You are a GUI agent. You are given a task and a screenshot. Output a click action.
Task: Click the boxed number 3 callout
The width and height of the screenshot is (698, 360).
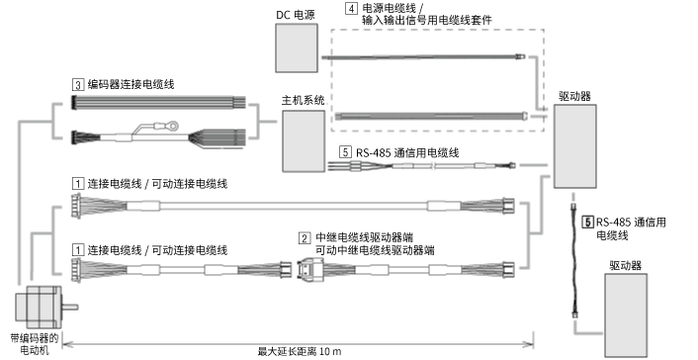pyautogui.click(x=78, y=85)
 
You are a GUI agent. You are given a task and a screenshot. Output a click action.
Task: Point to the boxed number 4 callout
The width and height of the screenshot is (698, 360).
pyautogui.click(x=351, y=7)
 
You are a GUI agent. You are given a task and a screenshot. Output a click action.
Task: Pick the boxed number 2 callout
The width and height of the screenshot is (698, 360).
pyautogui.click(x=305, y=237)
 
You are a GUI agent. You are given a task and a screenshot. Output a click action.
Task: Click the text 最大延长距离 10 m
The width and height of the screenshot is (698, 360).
pyautogui.click(x=299, y=351)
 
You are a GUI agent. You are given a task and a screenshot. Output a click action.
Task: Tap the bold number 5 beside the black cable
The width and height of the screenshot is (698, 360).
pyautogui.click(x=588, y=223)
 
